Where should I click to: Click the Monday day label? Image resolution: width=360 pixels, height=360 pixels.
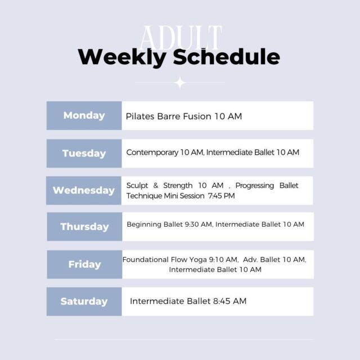(84, 115)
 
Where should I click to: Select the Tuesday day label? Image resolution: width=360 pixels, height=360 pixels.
(84, 154)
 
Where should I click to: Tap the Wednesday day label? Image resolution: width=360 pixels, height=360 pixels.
(84, 191)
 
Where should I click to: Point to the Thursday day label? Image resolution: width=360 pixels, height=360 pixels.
(84, 227)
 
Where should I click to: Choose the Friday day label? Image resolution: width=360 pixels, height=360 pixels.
(84, 264)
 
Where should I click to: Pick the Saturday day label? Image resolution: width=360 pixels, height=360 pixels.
(84, 301)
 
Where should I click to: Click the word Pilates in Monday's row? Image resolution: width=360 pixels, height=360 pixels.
(140, 116)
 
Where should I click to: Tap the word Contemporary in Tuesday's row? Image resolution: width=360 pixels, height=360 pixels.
(152, 152)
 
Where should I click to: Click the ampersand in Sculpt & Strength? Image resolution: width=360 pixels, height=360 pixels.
(156, 186)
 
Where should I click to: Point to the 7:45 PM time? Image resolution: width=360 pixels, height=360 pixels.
(221, 196)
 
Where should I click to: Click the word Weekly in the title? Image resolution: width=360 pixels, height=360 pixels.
(122, 57)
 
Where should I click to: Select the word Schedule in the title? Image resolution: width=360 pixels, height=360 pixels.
(226, 57)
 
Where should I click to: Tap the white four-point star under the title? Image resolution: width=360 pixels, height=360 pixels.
(180, 83)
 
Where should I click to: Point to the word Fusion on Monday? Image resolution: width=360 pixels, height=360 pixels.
(197, 116)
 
